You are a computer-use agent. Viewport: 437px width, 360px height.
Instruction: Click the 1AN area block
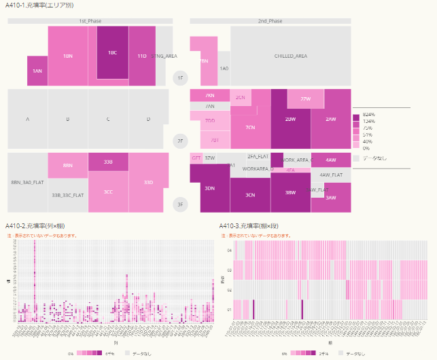(x=37, y=71)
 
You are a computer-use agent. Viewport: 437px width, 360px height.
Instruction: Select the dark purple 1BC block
(x=112, y=52)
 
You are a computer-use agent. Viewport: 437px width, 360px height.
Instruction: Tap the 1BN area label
(x=67, y=56)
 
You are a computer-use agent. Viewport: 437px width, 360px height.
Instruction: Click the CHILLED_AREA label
(x=290, y=56)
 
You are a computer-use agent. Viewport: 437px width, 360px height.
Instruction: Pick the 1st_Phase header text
(x=90, y=21)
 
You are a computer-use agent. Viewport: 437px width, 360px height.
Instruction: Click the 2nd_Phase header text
(x=270, y=21)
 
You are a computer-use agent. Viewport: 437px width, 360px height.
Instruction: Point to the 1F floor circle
(x=180, y=79)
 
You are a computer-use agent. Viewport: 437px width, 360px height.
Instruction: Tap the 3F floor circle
(x=180, y=204)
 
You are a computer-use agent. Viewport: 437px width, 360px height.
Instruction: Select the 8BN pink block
(x=67, y=165)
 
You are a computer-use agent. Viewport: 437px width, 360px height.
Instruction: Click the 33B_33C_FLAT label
(x=67, y=195)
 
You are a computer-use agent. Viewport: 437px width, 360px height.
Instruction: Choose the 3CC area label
(x=108, y=192)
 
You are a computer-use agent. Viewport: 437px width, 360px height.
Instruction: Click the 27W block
(x=304, y=99)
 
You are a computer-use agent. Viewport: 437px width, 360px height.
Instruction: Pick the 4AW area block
(x=331, y=160)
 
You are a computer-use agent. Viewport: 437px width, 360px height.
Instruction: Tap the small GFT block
(x=196, y=158)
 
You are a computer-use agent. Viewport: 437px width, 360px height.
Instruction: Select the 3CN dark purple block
(x=250, y=195)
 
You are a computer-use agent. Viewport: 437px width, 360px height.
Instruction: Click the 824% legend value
(x=369, y=115)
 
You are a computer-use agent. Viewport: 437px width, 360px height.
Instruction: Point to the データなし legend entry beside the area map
(x=372, y=157)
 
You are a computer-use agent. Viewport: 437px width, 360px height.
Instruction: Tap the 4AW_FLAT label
(x=331, y=175)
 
